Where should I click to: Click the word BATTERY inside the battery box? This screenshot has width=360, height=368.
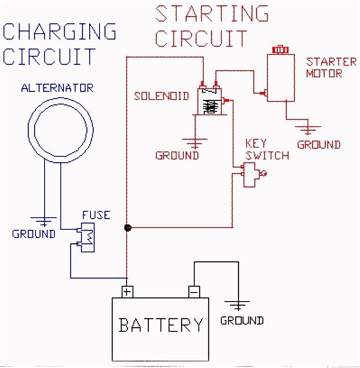coord(161,325)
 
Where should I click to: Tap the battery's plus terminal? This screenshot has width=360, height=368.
coord(127,292)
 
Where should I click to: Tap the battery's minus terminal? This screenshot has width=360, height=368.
coord(193,292)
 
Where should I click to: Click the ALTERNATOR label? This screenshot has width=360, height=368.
coord(57,88)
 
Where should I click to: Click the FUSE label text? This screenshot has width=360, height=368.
coord(95,215)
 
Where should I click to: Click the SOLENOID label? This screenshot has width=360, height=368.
coord(161,96)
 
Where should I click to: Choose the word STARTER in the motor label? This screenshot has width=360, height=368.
coord(324,62)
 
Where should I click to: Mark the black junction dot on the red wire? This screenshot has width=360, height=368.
coord(127,227)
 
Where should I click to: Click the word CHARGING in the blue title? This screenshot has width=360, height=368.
coord(59,31)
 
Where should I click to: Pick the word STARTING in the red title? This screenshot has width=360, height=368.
coord(212,13)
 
